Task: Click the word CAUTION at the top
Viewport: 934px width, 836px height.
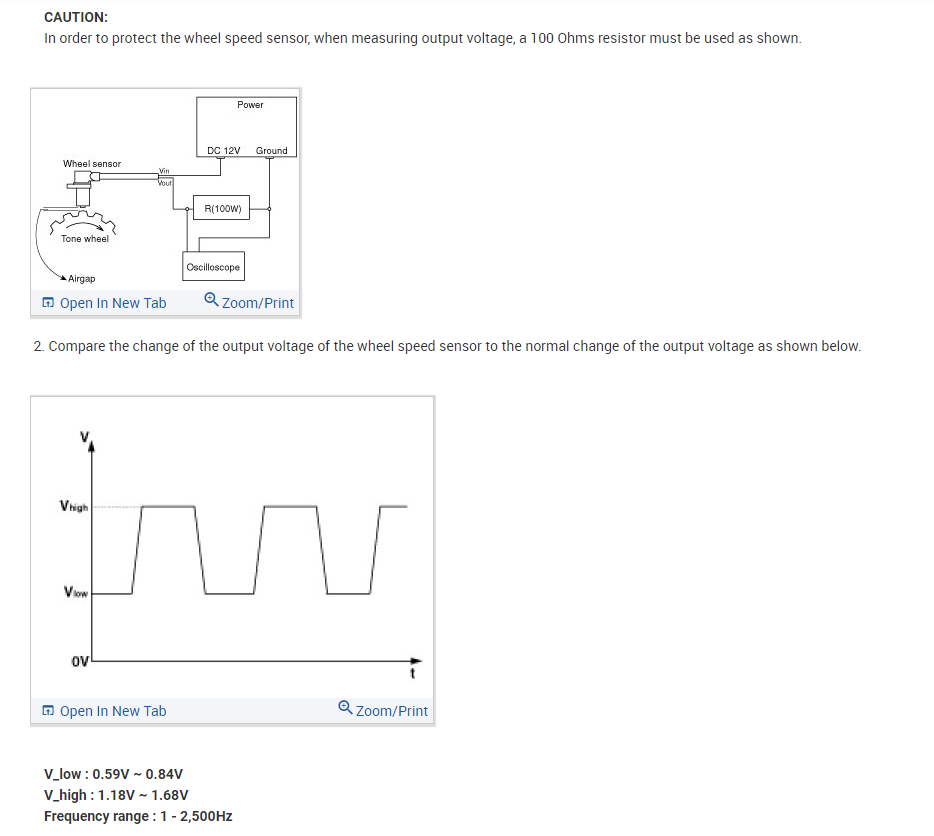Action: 76,17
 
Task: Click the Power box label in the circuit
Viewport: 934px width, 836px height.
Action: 250,105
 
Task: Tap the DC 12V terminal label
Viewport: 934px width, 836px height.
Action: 224,151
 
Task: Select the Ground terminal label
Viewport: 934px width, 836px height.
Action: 271,151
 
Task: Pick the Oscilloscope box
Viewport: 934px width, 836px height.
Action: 213,267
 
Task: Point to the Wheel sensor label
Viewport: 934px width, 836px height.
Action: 92,164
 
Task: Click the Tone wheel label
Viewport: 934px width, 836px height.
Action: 85,239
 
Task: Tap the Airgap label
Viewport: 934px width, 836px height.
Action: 82,279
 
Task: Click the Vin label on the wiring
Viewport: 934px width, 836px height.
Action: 164,172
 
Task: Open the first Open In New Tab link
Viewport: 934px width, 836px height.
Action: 104,303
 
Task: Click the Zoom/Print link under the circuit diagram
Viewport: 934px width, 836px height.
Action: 249,303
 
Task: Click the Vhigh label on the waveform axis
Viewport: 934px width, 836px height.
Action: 74,507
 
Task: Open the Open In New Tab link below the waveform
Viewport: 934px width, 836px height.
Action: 104,711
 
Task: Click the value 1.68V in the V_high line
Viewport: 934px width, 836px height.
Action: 170,795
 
